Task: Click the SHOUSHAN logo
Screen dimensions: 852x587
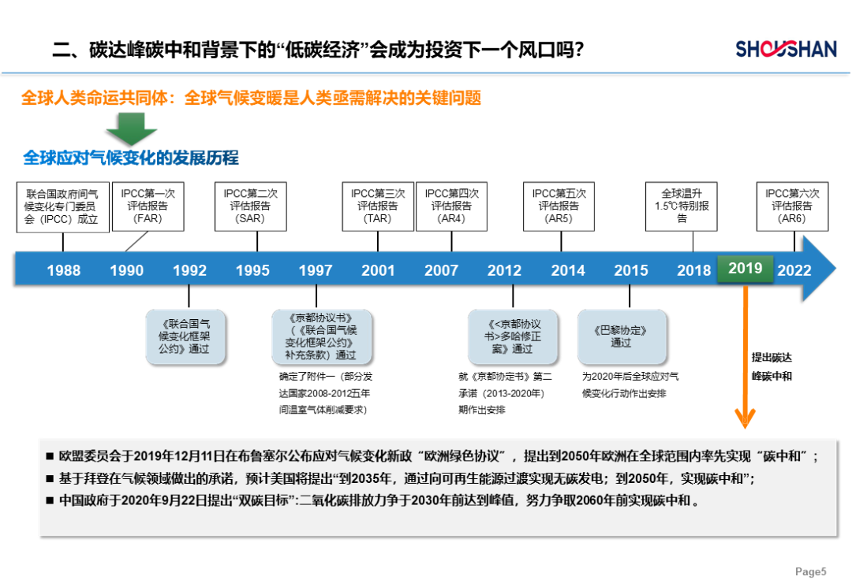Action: [x=786, y=49]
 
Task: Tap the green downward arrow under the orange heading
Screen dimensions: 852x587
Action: [x=132, y=128]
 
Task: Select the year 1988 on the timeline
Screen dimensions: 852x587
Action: [x=64, y=270]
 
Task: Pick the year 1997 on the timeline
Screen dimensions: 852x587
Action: [x=315, y=270]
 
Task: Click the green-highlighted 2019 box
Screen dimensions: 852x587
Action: [x=745, y=269]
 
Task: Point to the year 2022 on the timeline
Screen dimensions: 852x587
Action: [x=794, y=270]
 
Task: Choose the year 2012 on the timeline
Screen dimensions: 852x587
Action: [x=504, y=270]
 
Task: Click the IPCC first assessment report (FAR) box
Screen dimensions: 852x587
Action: [x=148, y=206]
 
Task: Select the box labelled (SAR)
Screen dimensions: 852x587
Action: [x=251, y=206]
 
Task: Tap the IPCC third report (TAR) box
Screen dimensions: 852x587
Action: [x=378, y=206]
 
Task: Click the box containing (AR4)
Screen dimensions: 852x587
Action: [x=451, y=206]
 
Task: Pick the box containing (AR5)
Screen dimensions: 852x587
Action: [x=559, y=206]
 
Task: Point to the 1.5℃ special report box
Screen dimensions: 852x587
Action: [x=682, y=206]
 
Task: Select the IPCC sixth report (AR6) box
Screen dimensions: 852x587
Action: [x=792, y=206]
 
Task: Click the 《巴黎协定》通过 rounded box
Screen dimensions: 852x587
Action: [x=622, y=336]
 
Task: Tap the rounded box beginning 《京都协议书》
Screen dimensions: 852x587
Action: [x=322, y=336]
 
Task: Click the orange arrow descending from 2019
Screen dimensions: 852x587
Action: [x=745, y=355]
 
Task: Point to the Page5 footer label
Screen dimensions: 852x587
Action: [x=810, y=571]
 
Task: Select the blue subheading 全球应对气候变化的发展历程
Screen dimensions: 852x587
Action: [x=131, y=158]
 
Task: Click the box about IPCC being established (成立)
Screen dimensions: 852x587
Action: [x=62, y=206]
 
